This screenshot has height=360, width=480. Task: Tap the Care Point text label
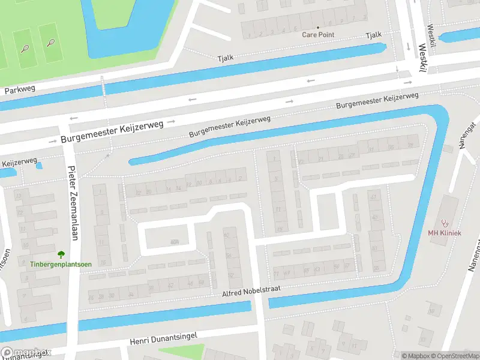(318, 35)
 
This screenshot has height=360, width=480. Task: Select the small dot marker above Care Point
(318, 28)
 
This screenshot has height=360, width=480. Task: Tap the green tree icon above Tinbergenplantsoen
(62, 254)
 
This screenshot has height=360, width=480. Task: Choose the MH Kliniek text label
(444, 233)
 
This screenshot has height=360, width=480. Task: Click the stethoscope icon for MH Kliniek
(445, 223)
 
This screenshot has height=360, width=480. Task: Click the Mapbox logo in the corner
(25, 353)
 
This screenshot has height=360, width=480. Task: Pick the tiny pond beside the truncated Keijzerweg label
(40, 165)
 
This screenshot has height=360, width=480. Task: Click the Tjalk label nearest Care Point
(373, 36)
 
